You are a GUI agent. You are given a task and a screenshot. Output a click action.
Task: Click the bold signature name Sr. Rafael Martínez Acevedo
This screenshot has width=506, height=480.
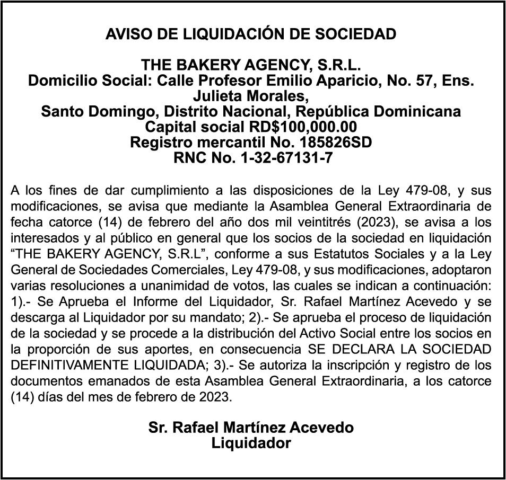click(251, 428)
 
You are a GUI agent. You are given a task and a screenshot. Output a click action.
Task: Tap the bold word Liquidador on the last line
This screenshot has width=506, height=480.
click(251, 442)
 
